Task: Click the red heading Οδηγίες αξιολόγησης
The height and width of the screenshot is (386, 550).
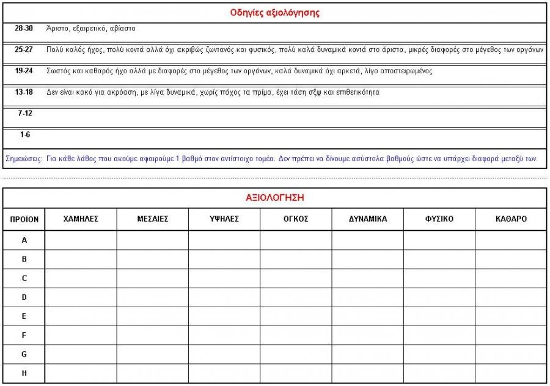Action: (x=274, y=12)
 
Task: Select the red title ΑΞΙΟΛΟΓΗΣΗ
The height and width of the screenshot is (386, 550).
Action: (x=274, y=198)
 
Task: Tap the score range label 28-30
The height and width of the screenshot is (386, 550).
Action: (x=24, y=29)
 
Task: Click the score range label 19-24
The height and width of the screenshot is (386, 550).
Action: (x=24, y=71)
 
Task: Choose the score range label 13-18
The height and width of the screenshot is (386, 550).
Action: (x=24, y=92)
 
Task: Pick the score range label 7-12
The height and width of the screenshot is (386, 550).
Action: (x=25, y=114)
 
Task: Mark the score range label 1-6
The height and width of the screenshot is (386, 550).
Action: (x=25, y=134)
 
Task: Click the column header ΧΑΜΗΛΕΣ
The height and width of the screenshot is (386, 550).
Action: (x=81, y=219)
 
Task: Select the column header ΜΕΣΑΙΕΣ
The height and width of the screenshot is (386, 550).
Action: (x=153, y=219)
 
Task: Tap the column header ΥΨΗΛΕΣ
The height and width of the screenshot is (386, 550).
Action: (x=224, y=219)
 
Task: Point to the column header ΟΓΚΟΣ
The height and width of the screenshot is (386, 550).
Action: (x=296, y=219)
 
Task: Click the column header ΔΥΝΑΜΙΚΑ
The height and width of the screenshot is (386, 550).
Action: (x=368, y=219)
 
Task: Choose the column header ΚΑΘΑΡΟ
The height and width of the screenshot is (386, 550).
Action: (x=511, y=219)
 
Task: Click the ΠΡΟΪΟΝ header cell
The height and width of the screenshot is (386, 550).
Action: (x=24, y=219)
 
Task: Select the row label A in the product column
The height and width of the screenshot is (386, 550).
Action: (x=24, y=240)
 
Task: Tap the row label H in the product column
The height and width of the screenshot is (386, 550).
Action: (x=24, y=373)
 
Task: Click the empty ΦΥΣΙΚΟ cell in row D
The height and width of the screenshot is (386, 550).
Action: (x=439, y=297)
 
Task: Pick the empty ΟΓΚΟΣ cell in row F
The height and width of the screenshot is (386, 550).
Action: (x=296, y=335)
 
